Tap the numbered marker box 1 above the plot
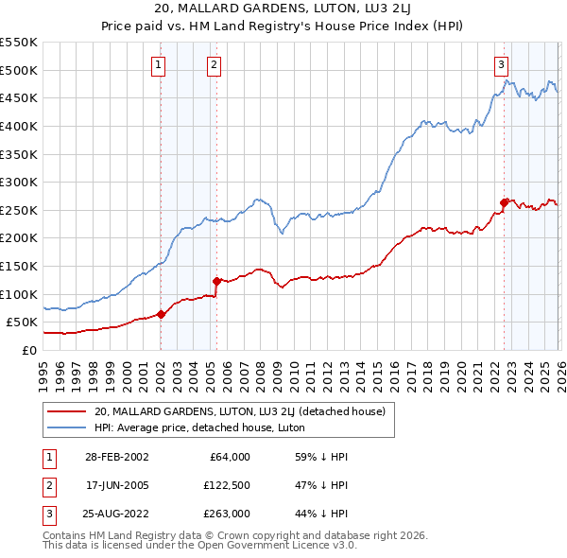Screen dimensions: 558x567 [x=158, y=65]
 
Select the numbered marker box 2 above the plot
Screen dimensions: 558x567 [x=215, y=65]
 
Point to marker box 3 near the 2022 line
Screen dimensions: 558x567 [x=500, y=65]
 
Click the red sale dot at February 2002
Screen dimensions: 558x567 [x=161, y=315]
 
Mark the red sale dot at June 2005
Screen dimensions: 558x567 [x=216, y=281]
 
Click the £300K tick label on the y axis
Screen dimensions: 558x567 [x=19, y=182]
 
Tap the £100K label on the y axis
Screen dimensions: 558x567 [x=19, y=294]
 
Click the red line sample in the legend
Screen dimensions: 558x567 [x=66, y=411]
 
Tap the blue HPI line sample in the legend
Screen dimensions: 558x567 [x=66, y=427]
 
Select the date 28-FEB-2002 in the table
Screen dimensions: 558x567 [x=116, y=456]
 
